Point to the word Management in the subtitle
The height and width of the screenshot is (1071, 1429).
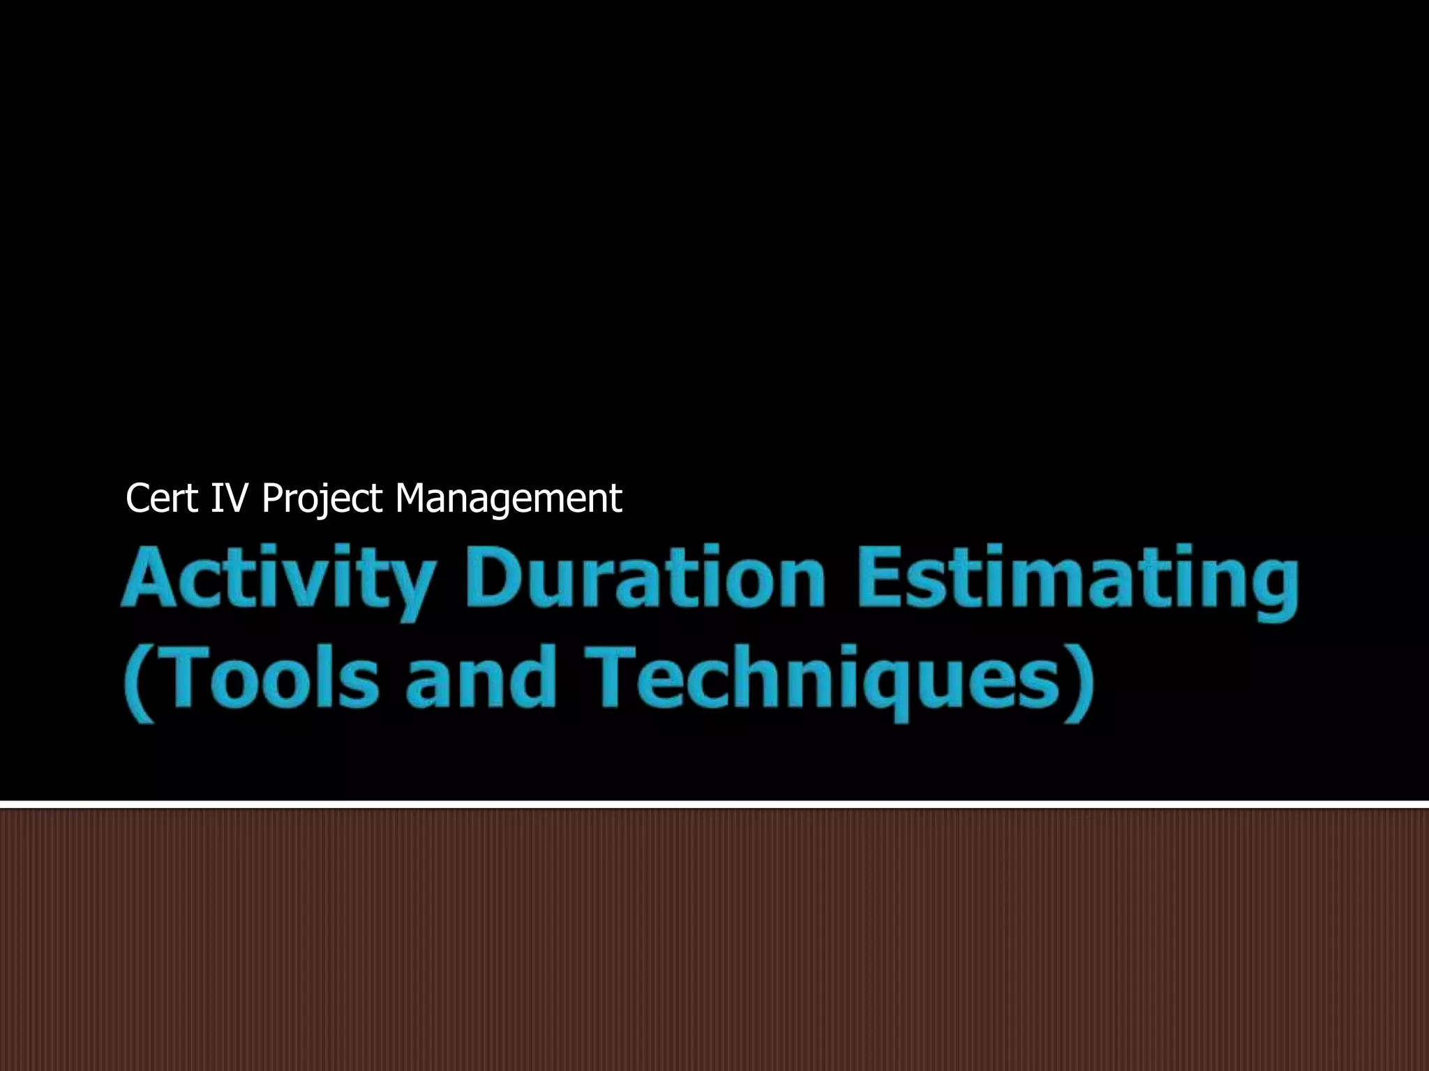(x=508, y=499)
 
